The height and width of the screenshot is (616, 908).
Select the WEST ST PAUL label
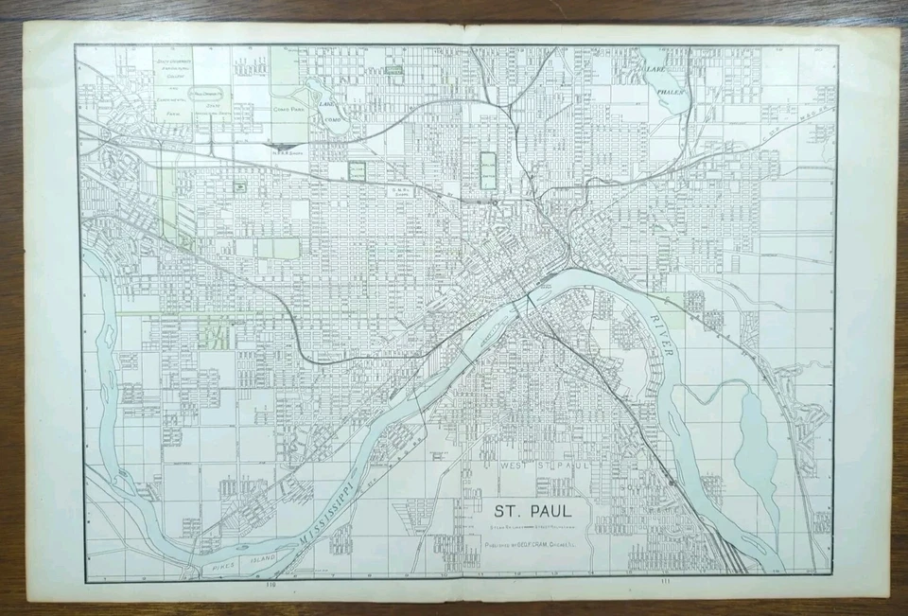530,466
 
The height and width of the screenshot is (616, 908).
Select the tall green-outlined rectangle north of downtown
488,170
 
